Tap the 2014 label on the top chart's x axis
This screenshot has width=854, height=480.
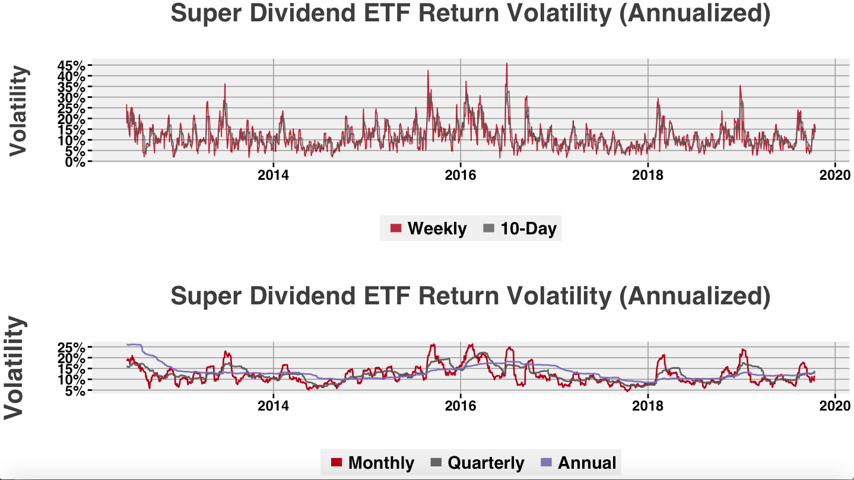tap(273, 176)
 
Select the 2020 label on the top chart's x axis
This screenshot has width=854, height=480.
tap(835, 176)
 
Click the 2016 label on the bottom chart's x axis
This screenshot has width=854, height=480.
tap(461, 406)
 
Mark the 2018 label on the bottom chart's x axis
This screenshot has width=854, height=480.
tap(648, 406)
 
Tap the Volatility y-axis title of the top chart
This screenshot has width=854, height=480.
tap(19, 112)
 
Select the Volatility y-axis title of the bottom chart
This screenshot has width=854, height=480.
tap(15, 368)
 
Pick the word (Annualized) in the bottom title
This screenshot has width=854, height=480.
tap(694, 296)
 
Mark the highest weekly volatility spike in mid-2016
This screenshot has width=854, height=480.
tap(506, 63)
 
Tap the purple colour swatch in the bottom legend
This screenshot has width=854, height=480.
tap(547, 463)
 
